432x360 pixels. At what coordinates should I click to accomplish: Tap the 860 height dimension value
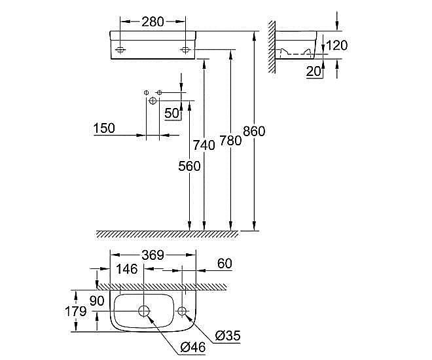coord(254,131)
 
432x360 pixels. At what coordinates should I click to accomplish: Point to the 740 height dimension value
coord(205,145)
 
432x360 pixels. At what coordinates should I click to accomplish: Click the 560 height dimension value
coord(189,166)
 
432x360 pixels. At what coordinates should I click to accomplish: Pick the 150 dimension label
coord(104,128)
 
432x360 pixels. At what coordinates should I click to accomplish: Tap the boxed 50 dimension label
coord(172,113)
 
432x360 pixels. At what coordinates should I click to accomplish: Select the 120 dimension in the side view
coord(336,45)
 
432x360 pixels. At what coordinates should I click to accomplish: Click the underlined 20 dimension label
coord(314,72)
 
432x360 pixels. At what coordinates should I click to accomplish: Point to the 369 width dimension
coord(153,255)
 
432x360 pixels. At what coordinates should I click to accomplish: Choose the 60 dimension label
coord(225,263)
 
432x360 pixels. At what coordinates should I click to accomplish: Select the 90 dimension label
coord(97,301)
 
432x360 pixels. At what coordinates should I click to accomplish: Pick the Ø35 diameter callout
coord(226,336)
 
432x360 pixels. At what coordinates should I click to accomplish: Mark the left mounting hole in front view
coord(121,50)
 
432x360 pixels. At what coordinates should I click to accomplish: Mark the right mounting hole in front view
coord(185,50)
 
